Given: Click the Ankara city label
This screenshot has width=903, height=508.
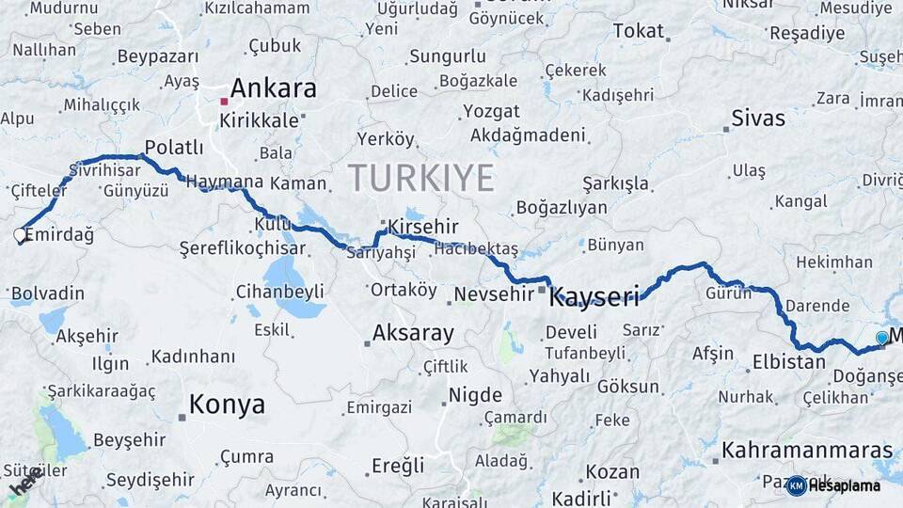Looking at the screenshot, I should click(x=273, y=89).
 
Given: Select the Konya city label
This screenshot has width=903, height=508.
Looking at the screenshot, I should click(x=227, y=405).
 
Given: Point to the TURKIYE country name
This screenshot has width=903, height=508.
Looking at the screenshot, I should click(x=420, y=178).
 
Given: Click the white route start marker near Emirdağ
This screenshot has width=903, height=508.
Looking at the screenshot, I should click(x=20, y=235).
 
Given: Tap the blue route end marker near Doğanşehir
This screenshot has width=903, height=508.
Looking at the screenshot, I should click(x=881, y=337).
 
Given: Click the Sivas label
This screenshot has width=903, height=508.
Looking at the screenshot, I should click(x=758, y=119).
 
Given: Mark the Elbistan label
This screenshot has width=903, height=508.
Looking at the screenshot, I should click(x=788, y=361).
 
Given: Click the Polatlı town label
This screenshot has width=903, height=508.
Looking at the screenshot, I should click(x=172, y=148).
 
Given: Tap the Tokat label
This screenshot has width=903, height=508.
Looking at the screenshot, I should click(x=638, y=31).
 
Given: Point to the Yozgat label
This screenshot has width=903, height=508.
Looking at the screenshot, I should click(x=490, y=112).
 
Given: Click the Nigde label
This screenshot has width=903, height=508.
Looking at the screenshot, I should click(x=476, y=395).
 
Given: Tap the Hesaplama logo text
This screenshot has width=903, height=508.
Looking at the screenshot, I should click(x=843, y=486).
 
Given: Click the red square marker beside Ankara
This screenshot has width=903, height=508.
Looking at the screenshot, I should click(x=224, y=100).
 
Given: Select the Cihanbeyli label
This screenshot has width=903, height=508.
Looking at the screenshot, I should click(x=280, y=291).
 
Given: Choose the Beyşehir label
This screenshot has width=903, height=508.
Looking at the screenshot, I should click(x=129, y=440).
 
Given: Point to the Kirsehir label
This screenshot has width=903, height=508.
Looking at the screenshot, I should click(x=423, y=228).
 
